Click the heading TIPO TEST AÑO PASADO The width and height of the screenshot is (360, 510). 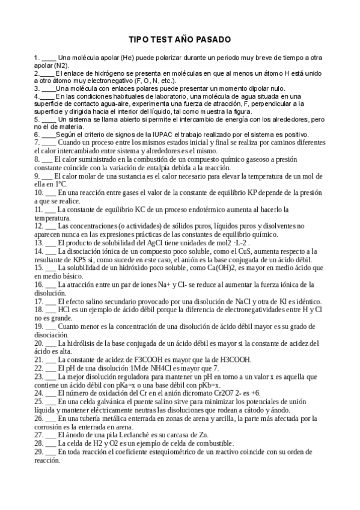point(180,40)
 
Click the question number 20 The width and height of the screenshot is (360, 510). point(38,342)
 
